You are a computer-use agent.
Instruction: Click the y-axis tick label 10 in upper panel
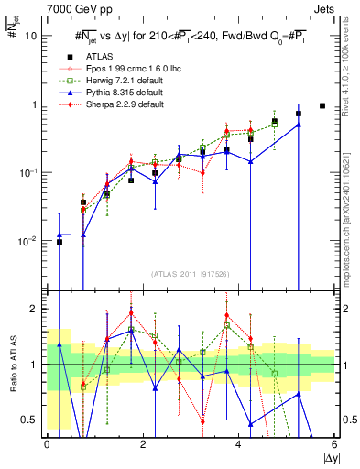click(31, 36)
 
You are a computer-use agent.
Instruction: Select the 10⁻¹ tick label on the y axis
click(27, 172)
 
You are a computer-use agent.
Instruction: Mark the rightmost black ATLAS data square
click(322, 105)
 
